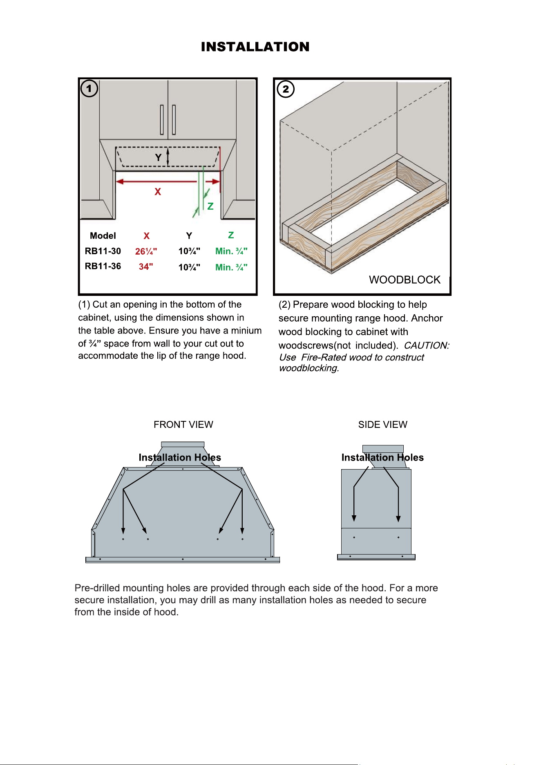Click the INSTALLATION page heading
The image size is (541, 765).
pyautogui.click(x=255, y=47)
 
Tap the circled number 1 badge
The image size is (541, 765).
pyautogui.click(x=89, y=88)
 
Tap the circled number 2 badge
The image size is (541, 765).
pyautogui.click(x=286, y=89)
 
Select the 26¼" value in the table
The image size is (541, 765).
pyautogui.click(x=146, y=251)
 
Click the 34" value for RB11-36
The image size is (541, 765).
pyautogui.click(x=146, y=266)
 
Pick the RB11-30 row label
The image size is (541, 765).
pyautogui.click(x=103, y=251)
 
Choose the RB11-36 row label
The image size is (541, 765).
pyautogui.click(x=103, y=266)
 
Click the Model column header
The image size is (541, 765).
pyautogui.click(x=103, y=236)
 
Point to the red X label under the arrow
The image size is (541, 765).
pyautogui.click(x=158, y=192)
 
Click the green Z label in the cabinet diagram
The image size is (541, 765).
pyautogui.click(x=210, y=206)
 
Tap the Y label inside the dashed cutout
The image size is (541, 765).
pyautogui.click(x=158, y=158)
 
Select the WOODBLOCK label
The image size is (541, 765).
pyautogui.click(x=405, y=280)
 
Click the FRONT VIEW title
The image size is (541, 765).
pyautogui.click(x=183, y=425)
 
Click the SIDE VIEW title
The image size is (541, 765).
pyautogui.click(x=383, y=425)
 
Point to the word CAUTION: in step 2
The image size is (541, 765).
pyautogui.click(x=427, y=346)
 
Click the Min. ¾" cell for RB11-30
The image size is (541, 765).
pyautogui.click(x=231, y=251)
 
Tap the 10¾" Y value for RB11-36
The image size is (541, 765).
pyautogui.click(x=189, y=267)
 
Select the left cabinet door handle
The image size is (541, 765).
pyautogui.click(x=162, y=120)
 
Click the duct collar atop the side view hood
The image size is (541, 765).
pyautogui.click(x=383, y=449)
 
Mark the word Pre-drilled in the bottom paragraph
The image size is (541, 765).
pyautogui.click(x=97, y=588)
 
